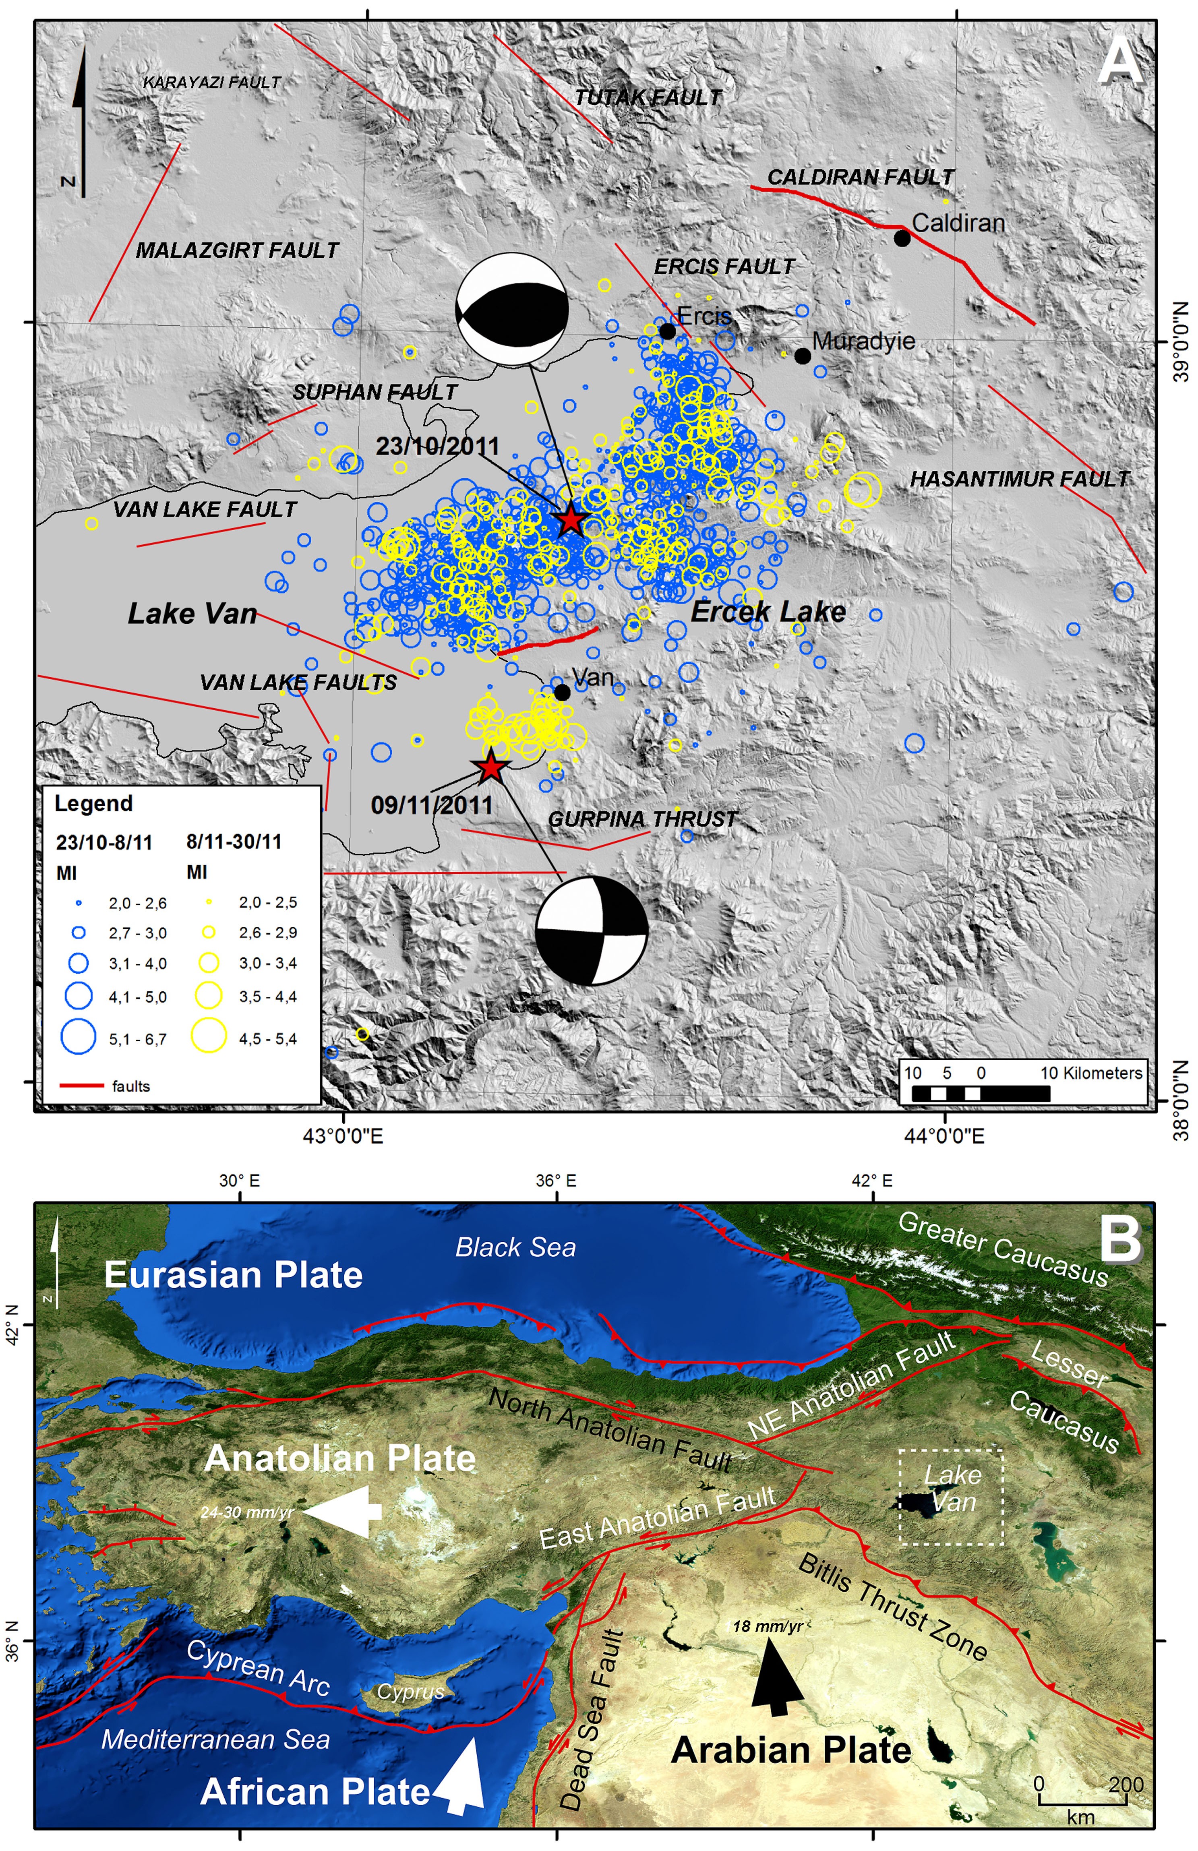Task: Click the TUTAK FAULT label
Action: pyautogui.click(x=648, y=98)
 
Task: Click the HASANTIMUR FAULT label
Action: pyautogui.click(x=1019, y=479)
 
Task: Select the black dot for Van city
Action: pyautogui.click(x=562, y=691)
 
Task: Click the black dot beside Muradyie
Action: pyautogui.click(x=803, y=356)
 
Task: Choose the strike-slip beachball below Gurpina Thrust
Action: pyautogui.click(x=592, y=930)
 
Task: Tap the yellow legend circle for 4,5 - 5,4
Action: pyautogui.click(x=209, y=1037)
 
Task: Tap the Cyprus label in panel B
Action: pyautogui.click(x=410, y=1692)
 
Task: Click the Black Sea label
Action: pyautogui.click(x=516, y=1247)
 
